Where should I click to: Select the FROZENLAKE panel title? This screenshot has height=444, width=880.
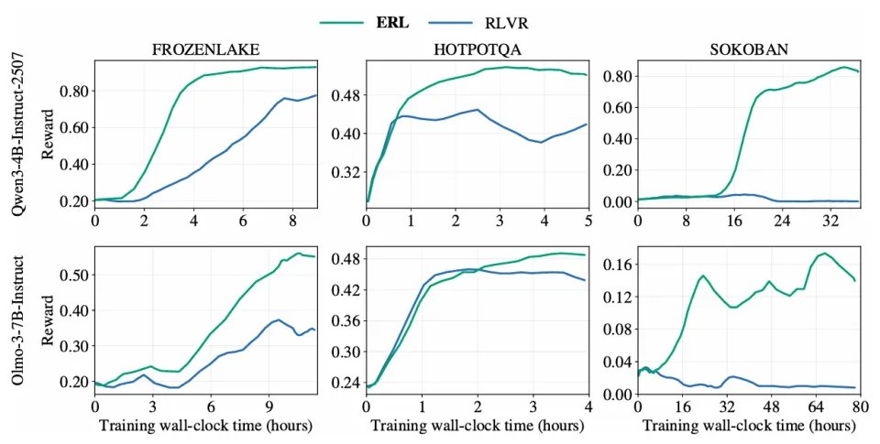[206, 51]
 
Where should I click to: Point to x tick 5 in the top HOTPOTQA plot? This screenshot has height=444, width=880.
[588, 221]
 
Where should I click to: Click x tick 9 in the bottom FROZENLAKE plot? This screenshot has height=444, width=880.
[269, 406]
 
